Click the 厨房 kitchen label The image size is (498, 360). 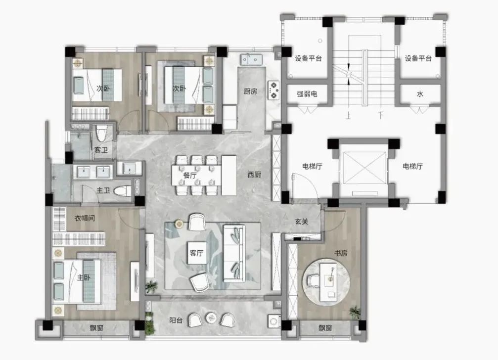[x=250, y=91]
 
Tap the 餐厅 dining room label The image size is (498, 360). [x=190, y=175]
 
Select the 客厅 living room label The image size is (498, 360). [x=197, y=253]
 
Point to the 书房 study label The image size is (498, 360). [x=341, y=253]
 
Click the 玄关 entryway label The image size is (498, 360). [x=301, y=222]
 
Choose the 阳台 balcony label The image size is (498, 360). [x=176, y=320]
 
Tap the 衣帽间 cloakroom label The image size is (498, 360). [x=85, y=218]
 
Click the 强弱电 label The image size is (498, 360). [x=307, y=94]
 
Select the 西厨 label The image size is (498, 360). [x=254, y=174]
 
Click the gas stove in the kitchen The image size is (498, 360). [x=274, y=90]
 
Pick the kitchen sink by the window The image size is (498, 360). [x=251, y=60]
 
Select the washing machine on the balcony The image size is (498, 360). [x=274, y=321]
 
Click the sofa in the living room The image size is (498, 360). [x=234, y=253]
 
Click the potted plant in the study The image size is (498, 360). [x=355, y=313]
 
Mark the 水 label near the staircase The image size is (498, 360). [x=420, y=94]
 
